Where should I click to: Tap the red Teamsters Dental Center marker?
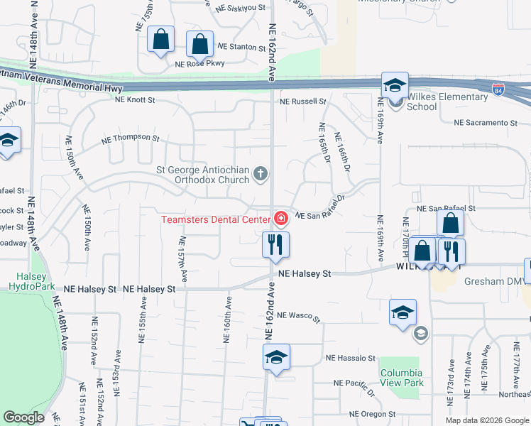[x=281, y=217]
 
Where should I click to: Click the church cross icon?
[x=261, y=173]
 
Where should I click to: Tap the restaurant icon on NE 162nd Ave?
[x=276, y=244]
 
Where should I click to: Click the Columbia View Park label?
[x=401, y=378]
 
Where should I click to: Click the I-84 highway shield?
[x=500, y=91]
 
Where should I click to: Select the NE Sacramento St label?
[x=485, y=123]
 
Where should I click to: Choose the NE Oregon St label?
[x=372, y=414]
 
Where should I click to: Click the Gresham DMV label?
[x=494, y=281]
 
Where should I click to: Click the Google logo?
[x=23, y=417]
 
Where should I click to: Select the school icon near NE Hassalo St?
[x=276, y=357]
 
